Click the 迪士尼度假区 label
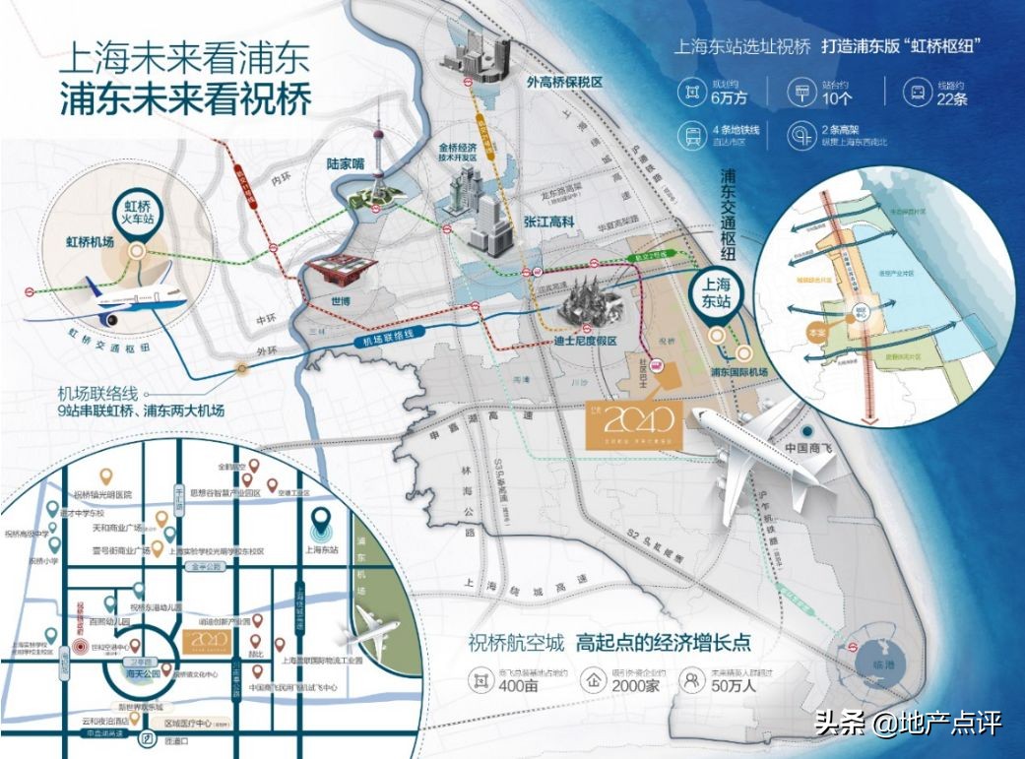click(584, 341)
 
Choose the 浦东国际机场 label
click(738, 371)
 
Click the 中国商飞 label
click(809, 449)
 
